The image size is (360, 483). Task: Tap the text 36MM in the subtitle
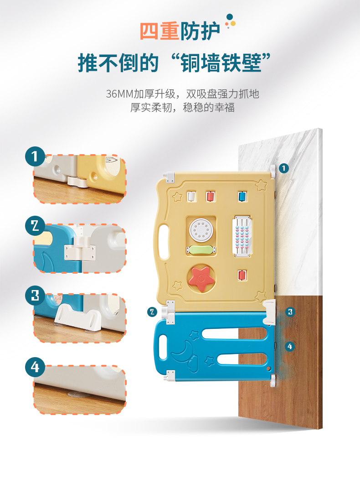tap(120, 94)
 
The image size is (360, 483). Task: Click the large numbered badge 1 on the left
tap(35, 156)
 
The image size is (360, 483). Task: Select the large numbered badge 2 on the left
tap(35, 226)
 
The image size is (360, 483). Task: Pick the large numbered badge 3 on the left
tap(35, 296)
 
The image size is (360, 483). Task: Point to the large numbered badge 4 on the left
tap(35, 367)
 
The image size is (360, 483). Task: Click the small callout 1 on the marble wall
tap(284, 168)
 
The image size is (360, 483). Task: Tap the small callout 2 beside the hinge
tap(152, 312)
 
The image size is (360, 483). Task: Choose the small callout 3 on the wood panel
tap(290, 312)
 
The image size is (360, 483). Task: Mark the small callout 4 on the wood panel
tap(289, 347)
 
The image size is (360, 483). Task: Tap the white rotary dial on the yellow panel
tap(200, 229)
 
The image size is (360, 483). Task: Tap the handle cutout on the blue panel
tap(163, 347)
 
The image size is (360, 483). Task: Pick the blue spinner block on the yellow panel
tap(242, 197)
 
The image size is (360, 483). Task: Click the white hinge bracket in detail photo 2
tap(80, 248)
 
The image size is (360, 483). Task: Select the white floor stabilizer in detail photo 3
tap(77, 317)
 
